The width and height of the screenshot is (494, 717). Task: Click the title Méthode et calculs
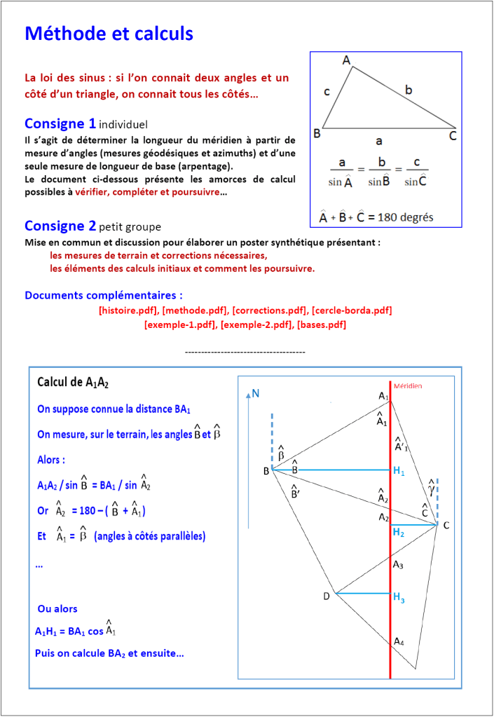[x=109, y=33]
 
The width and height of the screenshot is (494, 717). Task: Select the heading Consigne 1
[x=60, y=123]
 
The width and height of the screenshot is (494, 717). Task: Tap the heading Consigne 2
[x=60, y=226]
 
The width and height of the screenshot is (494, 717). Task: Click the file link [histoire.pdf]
[x=128, y=310]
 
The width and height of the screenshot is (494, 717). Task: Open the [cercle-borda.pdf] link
[x=351, y=310]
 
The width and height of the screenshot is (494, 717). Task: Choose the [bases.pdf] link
[x=322, y=325]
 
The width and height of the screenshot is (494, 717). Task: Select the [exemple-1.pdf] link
[x=174, y=325]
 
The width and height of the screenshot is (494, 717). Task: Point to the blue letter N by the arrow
[x=256, y=394]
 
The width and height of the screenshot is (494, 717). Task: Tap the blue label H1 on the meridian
[x=399, y=472]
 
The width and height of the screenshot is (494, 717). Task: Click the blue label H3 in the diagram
[x=399, y=598]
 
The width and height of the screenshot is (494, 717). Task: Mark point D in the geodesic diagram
[x=327, y=596]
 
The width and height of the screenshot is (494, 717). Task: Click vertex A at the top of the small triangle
[x=346, y=60]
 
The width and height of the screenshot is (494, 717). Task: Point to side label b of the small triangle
[x=409, y=90]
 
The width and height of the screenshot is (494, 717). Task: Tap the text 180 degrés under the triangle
[x=404, y=217]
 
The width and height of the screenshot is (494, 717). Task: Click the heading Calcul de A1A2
[x=73, y=383]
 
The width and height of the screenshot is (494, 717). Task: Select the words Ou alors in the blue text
[x=57, y=609]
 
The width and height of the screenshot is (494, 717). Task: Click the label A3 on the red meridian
[x=398, y=564]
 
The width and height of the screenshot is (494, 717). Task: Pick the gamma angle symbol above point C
[x=432, y=486]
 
